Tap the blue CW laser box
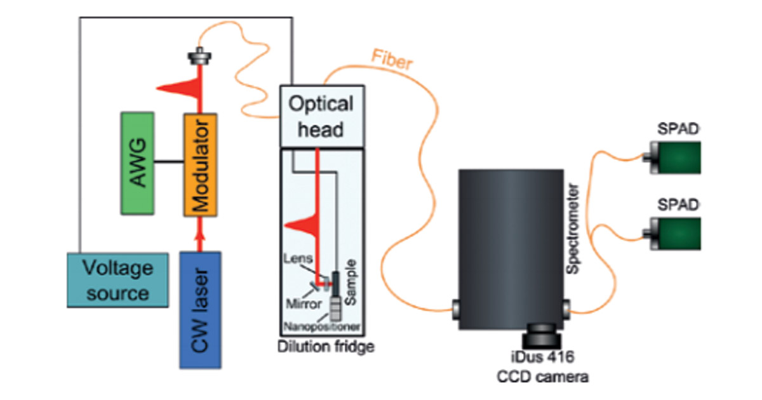(x=201, y=309)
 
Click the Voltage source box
(x=117, y=280)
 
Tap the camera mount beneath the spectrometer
(x=541, y=333)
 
